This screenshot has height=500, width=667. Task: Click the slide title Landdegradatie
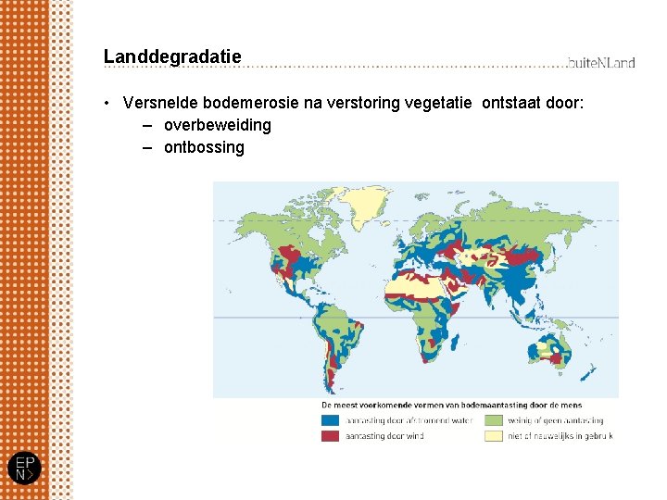(x=172, y=56)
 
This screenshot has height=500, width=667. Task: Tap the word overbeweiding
(x=218, y=125)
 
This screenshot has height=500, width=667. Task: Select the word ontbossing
(x=204, y=147)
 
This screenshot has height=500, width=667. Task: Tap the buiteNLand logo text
(x=601, y=62)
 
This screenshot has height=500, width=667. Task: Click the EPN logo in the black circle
(x=25, y=468)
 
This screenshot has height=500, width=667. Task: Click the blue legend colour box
(x=331, y=420)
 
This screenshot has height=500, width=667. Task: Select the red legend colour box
(x=331, y=435)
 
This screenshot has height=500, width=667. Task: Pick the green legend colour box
(x=493, y=420)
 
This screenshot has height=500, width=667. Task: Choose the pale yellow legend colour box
(x=493, y=435)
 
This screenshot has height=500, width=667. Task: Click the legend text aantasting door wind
(x=385, y=435)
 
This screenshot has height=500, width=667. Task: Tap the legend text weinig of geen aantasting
(x=557, y=420)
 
